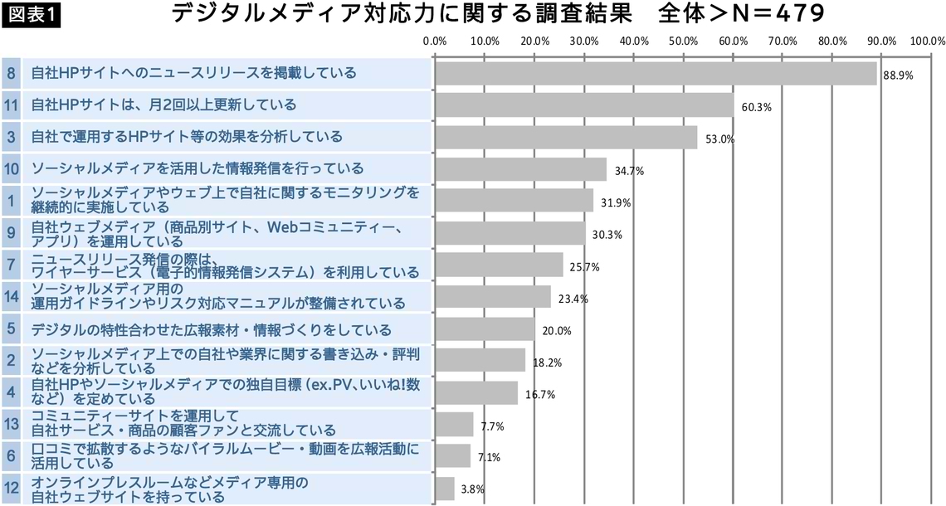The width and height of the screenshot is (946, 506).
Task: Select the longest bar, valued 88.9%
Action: coord(656,73)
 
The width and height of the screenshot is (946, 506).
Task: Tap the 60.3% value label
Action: coord(756,107)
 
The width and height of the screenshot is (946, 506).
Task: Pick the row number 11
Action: coord(11,105)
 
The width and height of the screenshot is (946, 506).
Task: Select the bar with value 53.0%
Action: coord(566,137)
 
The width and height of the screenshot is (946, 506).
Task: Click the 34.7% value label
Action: coord(629,171)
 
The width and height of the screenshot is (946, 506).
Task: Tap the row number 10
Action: coord(11,168)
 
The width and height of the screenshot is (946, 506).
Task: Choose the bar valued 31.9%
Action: coord(514,201)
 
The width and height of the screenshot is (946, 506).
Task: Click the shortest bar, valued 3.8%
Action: coord(445,489)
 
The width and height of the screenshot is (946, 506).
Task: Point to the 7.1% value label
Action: coord(490,457)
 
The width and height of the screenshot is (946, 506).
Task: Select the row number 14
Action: coord(11,295)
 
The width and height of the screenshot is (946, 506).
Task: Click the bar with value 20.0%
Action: coord(485,328)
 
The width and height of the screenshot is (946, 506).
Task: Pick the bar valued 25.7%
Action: coord(499,265)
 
